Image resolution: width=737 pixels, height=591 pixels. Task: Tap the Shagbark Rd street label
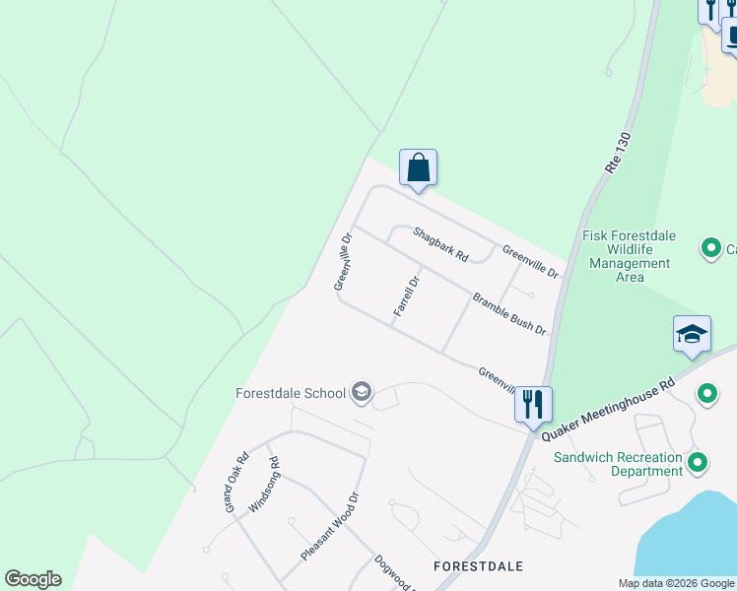click(x=440, y=244)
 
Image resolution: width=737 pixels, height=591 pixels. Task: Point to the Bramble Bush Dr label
click(x=508, y=313)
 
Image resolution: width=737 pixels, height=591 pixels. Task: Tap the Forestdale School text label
click(x=291, y=393)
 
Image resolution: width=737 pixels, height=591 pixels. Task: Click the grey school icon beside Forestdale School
click(x=362, y=393)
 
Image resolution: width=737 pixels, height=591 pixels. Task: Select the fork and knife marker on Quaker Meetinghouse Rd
click(x=533, y=404)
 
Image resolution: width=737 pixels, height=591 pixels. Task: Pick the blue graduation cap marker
click(x=692, y=335)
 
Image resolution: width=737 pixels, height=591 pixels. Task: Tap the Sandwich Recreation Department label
click(x=618, y=464)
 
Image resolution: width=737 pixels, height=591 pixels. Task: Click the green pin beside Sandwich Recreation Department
click(x=699, y=461)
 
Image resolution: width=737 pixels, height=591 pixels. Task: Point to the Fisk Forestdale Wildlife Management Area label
click(x=628, y=256)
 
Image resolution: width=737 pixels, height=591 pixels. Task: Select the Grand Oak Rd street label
click(x=236, y=483)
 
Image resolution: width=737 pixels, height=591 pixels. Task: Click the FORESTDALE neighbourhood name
click(x=479, y=566)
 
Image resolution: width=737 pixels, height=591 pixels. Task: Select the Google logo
click(x=33, y=579)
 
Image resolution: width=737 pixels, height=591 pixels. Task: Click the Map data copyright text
click(x=675, y=583)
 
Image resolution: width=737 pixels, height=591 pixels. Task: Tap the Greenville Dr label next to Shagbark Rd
click(x=530, y=261)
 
